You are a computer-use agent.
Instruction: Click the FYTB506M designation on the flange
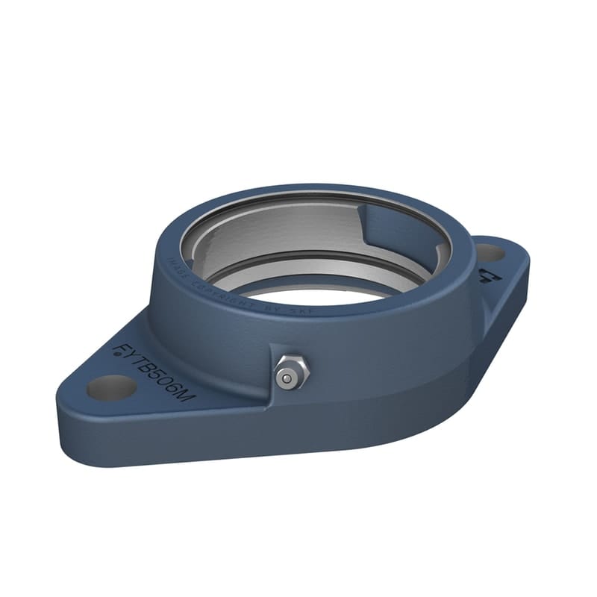click(x=154, y=372)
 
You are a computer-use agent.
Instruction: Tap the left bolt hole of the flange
click(x=111, y=387)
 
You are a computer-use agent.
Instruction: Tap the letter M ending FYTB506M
click(x=185, y=396)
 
